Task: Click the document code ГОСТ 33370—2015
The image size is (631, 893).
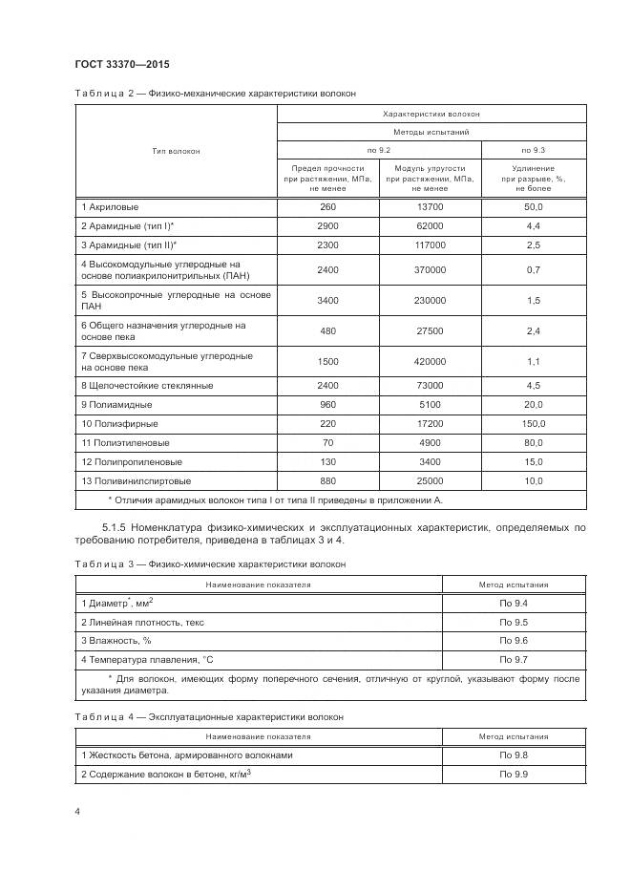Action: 122,65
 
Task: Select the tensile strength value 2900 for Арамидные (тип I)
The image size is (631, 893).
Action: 327,225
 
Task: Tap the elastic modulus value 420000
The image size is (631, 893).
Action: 430,362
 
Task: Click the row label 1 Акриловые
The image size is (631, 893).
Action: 111,206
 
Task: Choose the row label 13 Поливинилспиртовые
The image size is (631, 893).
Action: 136,480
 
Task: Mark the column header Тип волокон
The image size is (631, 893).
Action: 176,151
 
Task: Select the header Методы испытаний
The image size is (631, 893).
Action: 431,132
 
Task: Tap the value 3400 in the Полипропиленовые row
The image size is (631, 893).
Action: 430,461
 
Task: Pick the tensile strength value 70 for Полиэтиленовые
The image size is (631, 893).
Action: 327,442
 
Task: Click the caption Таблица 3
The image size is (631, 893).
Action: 100,564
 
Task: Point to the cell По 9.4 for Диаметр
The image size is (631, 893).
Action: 514,603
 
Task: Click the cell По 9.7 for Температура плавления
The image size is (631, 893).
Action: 514,660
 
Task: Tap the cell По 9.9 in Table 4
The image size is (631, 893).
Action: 514,774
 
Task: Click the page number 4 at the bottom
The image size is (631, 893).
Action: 77,811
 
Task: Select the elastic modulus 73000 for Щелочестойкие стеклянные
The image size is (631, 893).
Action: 430,385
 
